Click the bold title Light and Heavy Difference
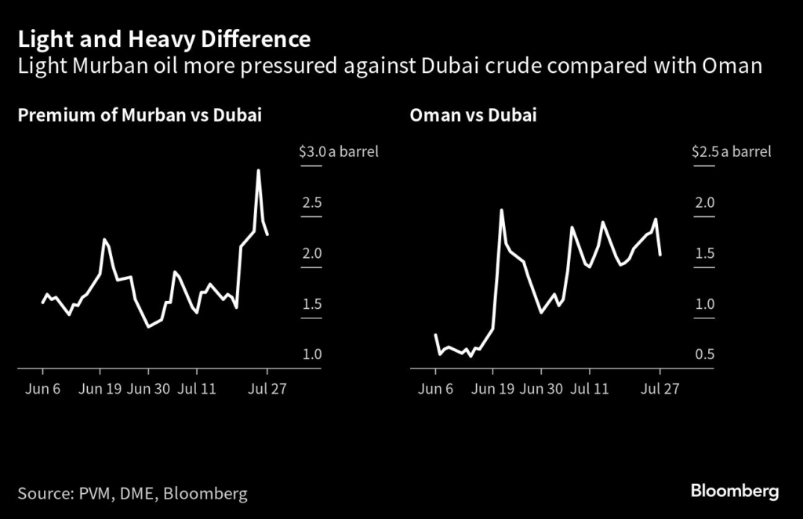pos(164,39)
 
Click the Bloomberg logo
pos(735,492)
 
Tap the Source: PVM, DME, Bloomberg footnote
pos(133,493)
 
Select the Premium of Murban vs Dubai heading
pos(140,116)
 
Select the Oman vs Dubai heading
pos(473,116)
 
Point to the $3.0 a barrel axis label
pos(339,151)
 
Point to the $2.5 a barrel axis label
pos(731,151)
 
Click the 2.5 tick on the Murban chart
pos(312,202)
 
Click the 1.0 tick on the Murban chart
pos(312,354)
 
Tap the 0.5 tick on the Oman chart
pos(704,354)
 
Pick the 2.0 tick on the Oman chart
pos(704,202)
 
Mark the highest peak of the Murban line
pos(258,170)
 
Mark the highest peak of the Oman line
pos(500,210)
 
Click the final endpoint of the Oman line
pos(660,254)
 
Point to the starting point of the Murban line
pos(42,303)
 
